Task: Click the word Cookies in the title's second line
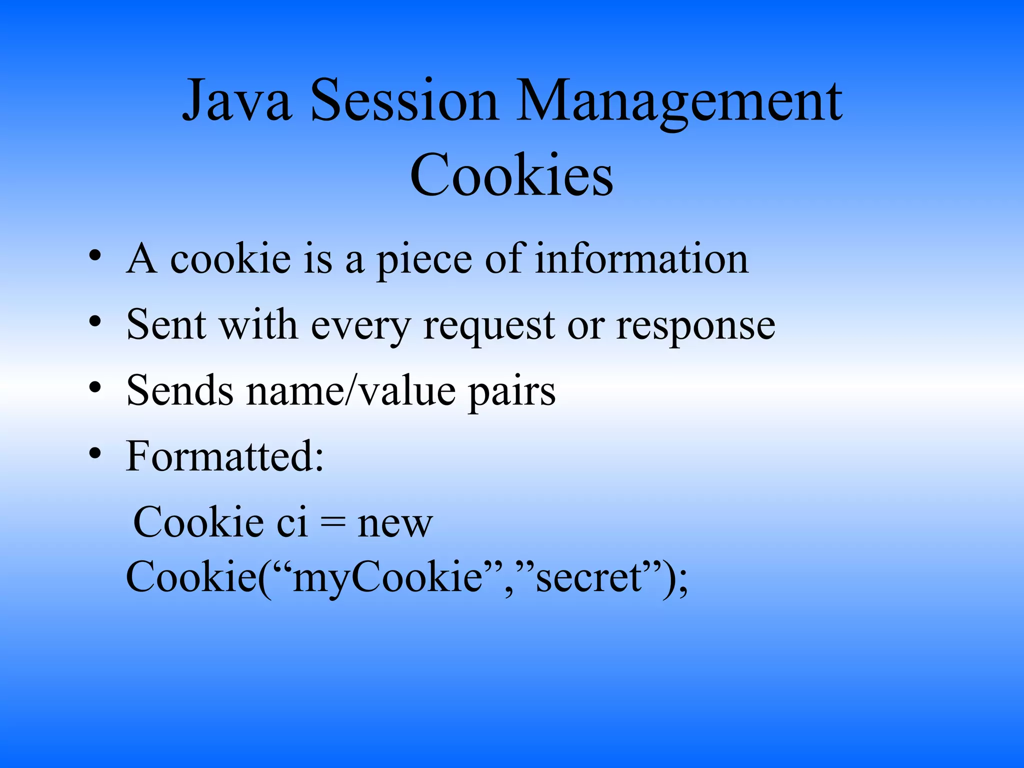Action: pyautogui.click(x=511, y=175)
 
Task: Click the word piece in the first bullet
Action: pyautogui.click(x=424, y=260)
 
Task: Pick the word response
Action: pyautogui.click(x=695, y=326)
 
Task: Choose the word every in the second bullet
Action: pyautogui.click(x=360, y=326)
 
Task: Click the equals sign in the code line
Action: pyautogui.click(x=332, y=523)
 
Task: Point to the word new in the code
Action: pyautogui.click(x=395, y=523)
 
